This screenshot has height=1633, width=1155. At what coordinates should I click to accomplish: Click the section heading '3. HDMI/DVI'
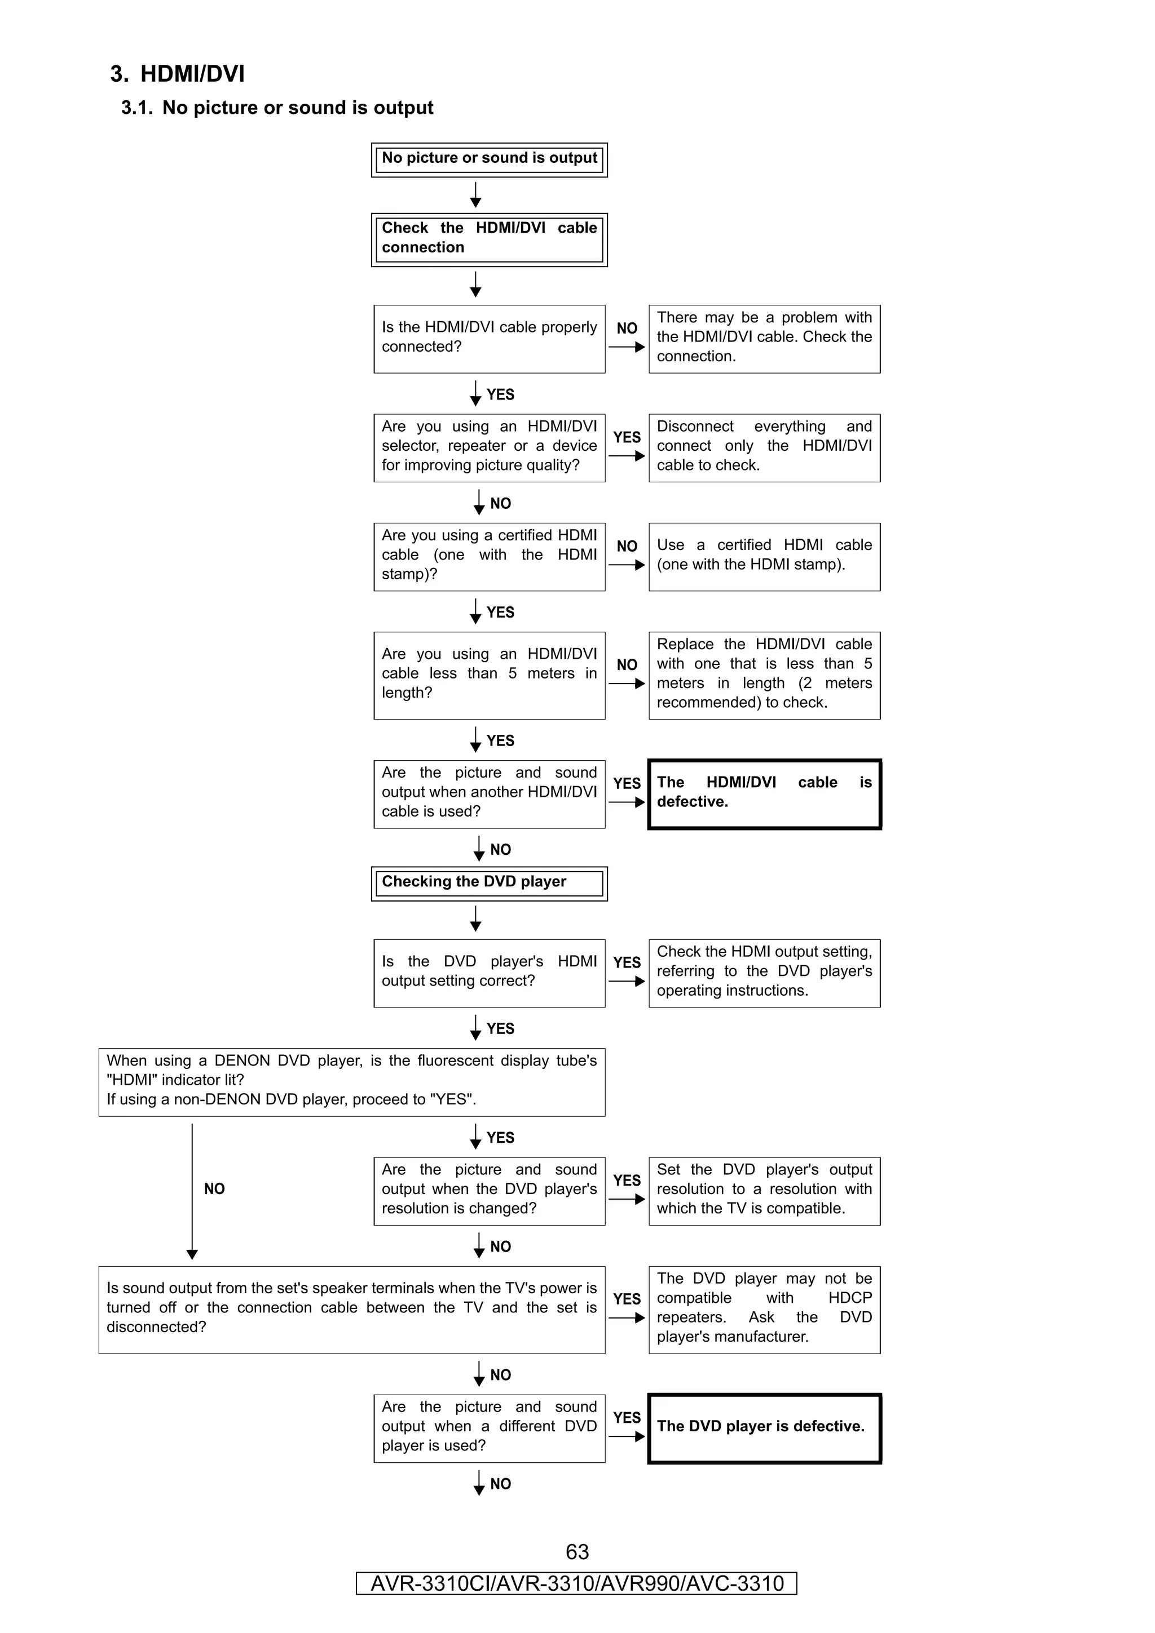tap(177, 74)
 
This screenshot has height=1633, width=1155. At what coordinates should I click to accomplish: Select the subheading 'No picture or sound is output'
tap(277, 108)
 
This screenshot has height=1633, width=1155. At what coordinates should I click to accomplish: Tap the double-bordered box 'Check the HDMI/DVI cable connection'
tap(489, 239)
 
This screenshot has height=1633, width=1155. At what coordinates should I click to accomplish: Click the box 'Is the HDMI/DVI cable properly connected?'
tap(489, 339)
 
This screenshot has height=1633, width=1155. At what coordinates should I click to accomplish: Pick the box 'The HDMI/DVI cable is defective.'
tap(764, 794)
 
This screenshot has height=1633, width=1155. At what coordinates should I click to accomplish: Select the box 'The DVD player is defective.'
tap(764, 1428)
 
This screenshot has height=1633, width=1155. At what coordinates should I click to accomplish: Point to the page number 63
tap(576, 1552)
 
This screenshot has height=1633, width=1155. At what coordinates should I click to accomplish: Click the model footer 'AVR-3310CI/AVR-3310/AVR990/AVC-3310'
tap(576, 1584)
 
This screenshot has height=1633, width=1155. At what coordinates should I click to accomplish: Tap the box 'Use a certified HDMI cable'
tap(764, 556)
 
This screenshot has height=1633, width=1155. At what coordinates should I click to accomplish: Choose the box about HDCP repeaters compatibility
tap(764, 1310)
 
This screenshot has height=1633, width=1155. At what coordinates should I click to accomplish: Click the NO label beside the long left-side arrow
tap(214, 1189)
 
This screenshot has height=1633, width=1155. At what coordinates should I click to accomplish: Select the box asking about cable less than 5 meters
tap(489, 675)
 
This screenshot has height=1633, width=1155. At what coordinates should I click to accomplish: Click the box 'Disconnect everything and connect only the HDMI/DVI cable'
tap(764, 447)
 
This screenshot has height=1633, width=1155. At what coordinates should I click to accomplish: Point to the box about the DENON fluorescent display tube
tap(351, 1082)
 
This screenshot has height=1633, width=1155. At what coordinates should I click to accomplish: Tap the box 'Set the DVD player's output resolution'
tap(764, 1191)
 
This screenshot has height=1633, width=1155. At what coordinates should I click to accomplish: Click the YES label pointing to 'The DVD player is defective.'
tap(626, 1418)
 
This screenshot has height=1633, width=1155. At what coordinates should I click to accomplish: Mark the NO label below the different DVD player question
tap(500, 1484)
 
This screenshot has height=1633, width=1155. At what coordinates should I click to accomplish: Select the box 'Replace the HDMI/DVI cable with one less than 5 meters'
tap(764, 675)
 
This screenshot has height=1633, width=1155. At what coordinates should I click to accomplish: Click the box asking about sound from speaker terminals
tap(351, 1310)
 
